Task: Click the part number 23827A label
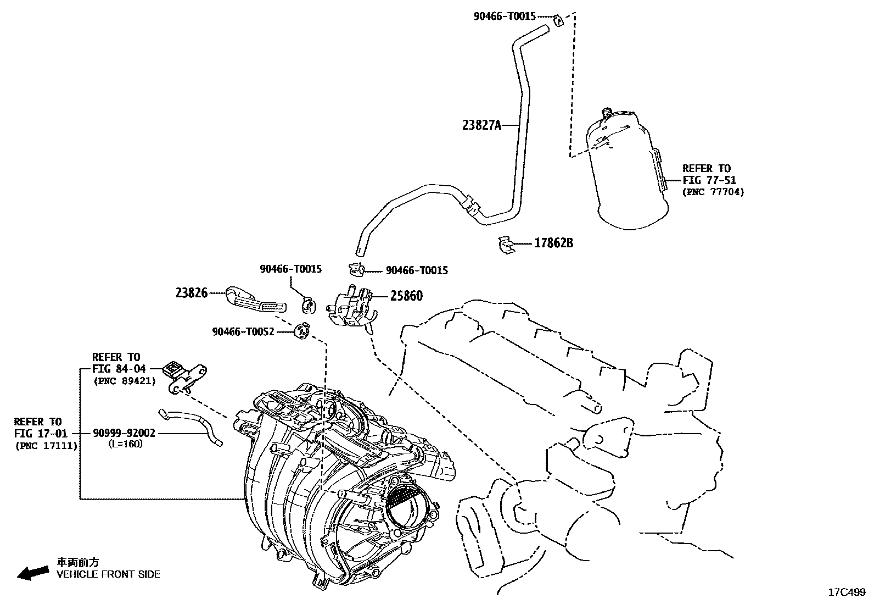point(482,125)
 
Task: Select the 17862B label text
point(553,242)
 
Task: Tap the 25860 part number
point(406,296)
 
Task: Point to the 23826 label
point(192,293)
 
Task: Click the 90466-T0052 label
point(243,331)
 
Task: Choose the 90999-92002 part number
point(124,433)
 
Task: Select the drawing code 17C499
point(846,592)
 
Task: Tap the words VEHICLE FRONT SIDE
point(109,574)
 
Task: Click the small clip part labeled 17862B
point(508,246)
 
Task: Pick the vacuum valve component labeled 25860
point(352,308)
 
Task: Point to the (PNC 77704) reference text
point(713,192)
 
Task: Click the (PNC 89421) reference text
point(124,380)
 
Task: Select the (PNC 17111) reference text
point(46,445)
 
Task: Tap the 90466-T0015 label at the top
point(504,16)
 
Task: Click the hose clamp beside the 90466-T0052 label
point(302,331)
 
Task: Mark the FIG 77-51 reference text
point(709,180)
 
